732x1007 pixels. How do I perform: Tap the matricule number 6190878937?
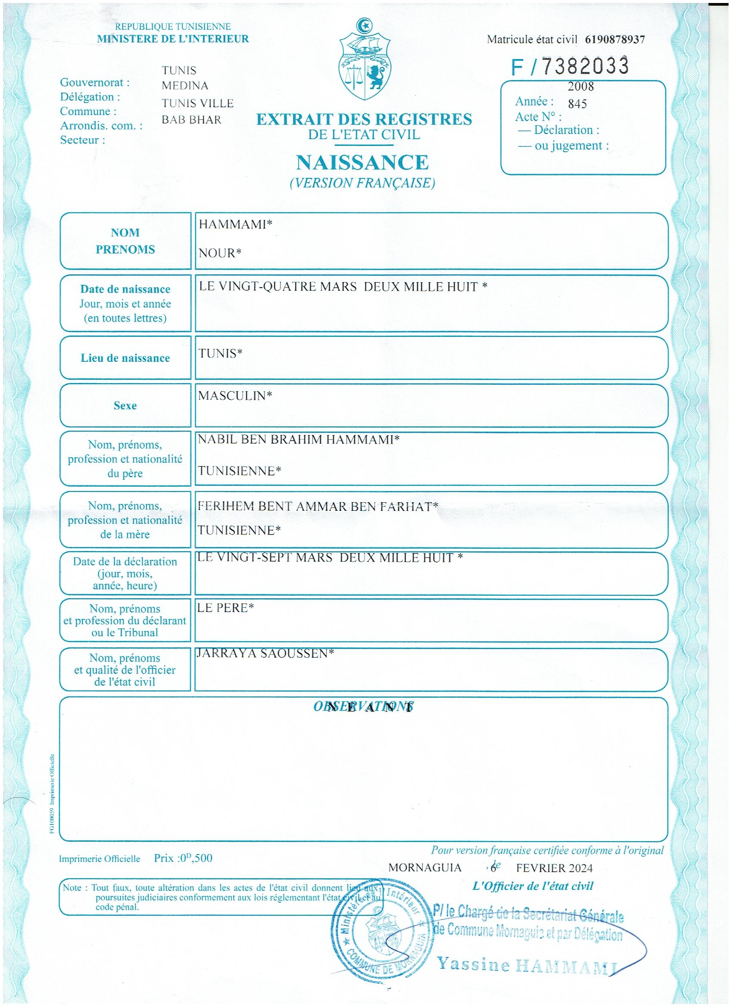point(615,40)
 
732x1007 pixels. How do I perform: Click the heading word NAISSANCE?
point(362,162)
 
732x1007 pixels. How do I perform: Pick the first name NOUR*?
point(220,254)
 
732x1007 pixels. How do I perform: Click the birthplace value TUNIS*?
point(220,354)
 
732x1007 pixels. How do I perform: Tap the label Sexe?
point(125,405)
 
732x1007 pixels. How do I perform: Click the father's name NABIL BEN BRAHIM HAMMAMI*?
point(298,440)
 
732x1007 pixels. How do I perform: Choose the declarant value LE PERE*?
point(226,608)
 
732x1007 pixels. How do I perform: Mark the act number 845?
point(577,104)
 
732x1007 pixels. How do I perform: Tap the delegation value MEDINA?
point(185,86)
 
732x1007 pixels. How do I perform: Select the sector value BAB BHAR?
point(191,120)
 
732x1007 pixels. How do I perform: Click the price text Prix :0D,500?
point(183,858)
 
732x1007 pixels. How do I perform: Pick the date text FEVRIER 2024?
point(554,868)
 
